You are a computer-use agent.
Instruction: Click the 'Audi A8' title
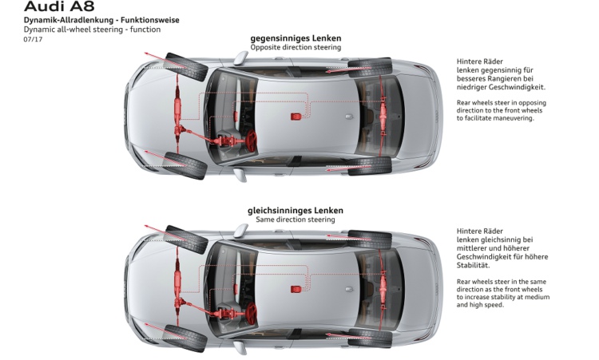(x=61, y=7)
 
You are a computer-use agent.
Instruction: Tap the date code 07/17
(x=33, y=39)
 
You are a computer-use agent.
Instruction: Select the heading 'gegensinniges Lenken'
(x=296, y=38)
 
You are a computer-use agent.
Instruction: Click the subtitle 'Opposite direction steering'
(x=296, y=47)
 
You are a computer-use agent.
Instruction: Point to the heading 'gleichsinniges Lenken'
(x=296, y=210)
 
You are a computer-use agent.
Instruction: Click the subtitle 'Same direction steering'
(x=296, y=220)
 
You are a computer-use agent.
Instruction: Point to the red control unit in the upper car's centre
(x=296, y=117)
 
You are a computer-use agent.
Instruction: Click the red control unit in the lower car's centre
(x=296, y=287)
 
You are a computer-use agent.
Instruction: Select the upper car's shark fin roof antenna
(x=348, y=116)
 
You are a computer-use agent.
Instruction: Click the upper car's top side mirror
(x=240, y=57)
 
